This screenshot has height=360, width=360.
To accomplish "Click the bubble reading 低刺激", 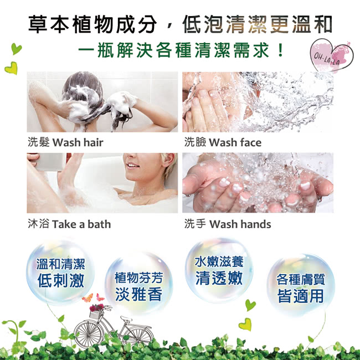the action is point(60,272).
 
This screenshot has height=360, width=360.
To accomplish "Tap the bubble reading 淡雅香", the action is point(138,284).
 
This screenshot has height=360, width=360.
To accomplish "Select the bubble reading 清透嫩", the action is point(219,270).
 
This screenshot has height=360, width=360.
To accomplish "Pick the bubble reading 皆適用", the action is point(301,285).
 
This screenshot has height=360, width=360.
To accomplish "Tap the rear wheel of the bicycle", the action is point(138,335).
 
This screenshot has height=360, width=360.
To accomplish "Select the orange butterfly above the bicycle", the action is point(88,298).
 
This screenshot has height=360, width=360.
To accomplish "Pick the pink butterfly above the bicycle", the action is point(100,297).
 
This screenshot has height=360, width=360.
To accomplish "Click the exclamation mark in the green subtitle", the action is point(280,50).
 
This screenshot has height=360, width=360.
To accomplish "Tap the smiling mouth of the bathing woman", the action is point(132,165).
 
